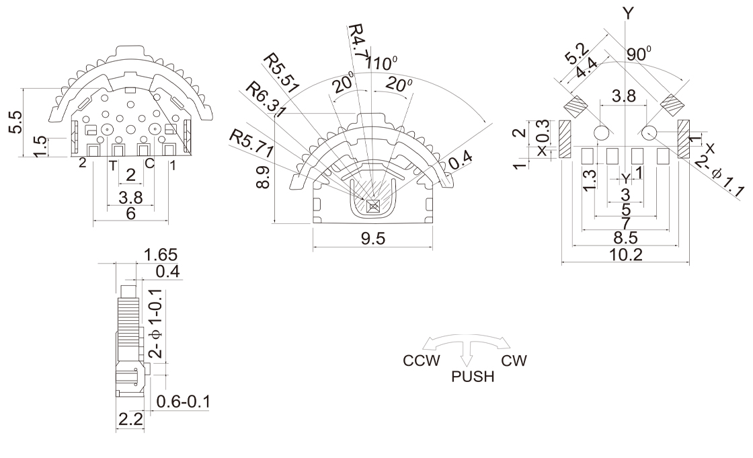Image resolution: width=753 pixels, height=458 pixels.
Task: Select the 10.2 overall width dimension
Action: [x=625, y=254]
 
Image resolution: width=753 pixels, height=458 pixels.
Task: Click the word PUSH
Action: [x=473, y=376]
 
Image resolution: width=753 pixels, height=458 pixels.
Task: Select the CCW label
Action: [x=422, y=360]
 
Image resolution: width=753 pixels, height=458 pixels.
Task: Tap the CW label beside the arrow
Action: [x=514, y=360]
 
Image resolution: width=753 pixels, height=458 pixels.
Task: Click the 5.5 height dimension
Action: [x=16, y=122]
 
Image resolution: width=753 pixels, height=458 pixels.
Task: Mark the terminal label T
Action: [x=112, y=164]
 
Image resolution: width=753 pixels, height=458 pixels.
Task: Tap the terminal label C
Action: [x=149, y=164]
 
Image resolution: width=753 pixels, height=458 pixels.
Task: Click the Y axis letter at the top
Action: [x=628, y=11]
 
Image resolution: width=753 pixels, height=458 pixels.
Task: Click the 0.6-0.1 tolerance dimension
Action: [x=184, y=402]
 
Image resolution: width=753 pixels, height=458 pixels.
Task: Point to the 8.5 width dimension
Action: [x=625, y=238]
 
